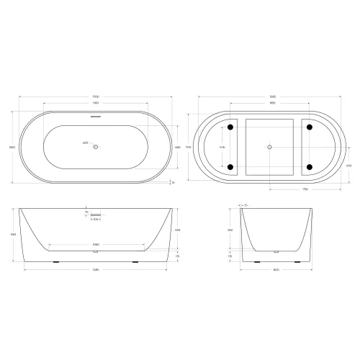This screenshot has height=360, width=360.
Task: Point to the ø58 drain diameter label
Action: point(85,144)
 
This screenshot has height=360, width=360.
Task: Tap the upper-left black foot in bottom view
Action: point(230,127)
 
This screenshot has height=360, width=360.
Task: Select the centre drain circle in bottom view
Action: point(269,147)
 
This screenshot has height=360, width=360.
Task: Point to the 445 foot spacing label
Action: point(222,147)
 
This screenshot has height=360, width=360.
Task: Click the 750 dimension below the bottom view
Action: point(305,189)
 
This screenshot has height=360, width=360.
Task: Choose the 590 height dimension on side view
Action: point(13,235)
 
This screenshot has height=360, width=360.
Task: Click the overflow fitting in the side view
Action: point(96,213)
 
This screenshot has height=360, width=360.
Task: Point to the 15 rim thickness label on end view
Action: point(245,204)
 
